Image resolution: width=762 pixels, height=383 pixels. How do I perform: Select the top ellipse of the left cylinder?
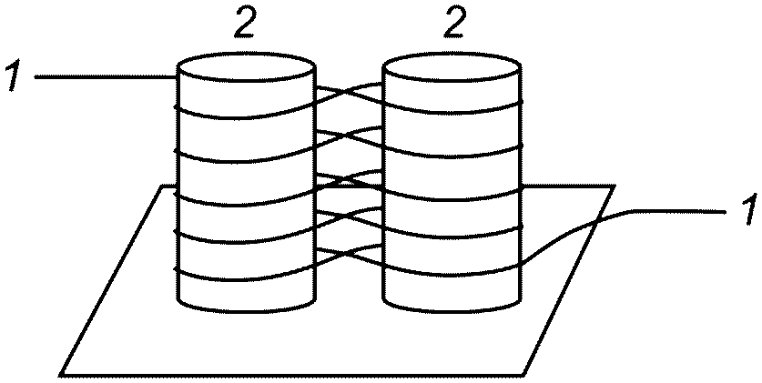point(246,69)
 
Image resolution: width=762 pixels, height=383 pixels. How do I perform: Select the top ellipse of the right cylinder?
point(452,69)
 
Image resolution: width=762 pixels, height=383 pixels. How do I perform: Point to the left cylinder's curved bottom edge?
point(246,304)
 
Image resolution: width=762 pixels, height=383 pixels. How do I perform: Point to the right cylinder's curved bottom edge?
point(452,304)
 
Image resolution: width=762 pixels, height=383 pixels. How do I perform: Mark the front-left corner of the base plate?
point(62,373)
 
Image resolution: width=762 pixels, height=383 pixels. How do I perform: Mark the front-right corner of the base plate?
point(526,373)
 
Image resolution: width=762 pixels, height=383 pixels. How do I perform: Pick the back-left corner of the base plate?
point(163,186)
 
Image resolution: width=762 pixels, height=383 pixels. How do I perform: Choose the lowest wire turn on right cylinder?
point(452,270)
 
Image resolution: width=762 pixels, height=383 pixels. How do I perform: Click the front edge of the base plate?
point(291,373)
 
